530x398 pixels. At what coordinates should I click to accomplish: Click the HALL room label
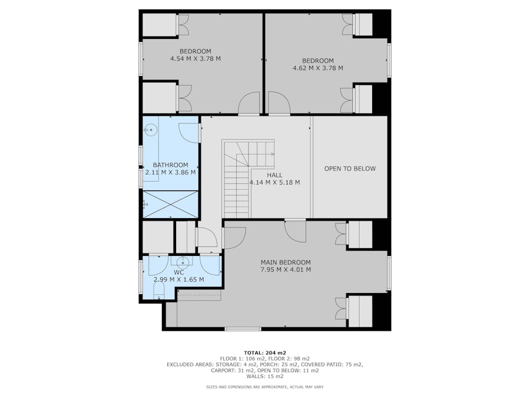[x=274, y=175]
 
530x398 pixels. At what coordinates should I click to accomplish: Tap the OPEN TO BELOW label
[x=350, y=169]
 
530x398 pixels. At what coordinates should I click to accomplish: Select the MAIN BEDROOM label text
[x=286, y=262]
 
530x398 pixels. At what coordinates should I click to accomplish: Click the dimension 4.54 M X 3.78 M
[x=195, y=59]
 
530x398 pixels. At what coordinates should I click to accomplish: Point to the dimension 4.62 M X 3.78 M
[x=317, y=68]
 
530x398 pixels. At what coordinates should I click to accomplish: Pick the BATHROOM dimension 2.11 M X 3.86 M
[x=170, y=173]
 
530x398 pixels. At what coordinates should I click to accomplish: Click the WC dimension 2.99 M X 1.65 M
[x=178, y=279]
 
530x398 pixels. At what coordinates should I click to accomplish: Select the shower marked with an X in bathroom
[x=170, y=205]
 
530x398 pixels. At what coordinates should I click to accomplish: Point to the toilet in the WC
[x=158, y=290]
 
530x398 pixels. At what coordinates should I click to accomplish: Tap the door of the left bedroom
[x=249, y=104]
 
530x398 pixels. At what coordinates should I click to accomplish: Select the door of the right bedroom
[x=279, y=104]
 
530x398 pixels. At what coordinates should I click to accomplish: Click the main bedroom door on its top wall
[x=295, y=231]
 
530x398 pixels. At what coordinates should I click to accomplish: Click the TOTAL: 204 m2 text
[x=264, y=353]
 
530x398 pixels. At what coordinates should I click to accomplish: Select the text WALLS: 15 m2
[x=264, y=376]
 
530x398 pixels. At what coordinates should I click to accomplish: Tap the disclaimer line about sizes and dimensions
[x=264, y=387]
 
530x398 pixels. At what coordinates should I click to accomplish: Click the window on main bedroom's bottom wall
[x=243, y=328]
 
